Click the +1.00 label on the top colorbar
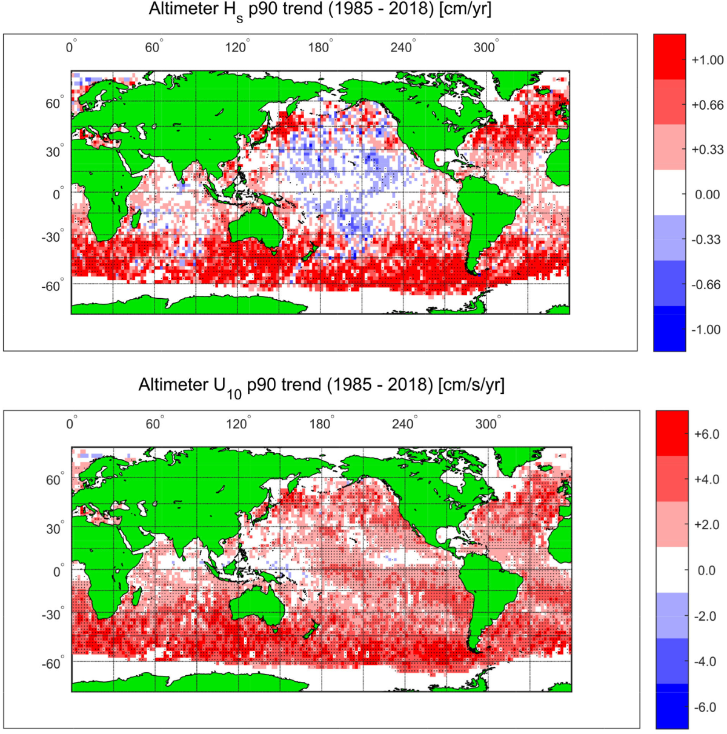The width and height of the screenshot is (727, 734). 707,60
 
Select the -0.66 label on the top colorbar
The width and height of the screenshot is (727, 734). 706,285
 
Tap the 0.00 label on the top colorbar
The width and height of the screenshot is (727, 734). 707,195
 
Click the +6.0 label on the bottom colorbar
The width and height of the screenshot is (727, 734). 706,435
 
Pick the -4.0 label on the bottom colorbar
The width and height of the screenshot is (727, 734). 706,662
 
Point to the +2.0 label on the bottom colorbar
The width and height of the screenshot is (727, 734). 706,525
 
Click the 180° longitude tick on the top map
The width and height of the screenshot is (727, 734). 319,47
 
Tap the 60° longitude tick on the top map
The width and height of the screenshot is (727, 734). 153,47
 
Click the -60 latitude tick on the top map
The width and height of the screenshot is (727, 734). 51,286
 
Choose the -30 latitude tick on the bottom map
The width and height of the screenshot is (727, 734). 51,615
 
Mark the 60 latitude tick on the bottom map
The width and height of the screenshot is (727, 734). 53,480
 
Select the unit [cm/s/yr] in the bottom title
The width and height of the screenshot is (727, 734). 471,385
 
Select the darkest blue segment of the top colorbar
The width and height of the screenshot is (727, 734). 669,329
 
